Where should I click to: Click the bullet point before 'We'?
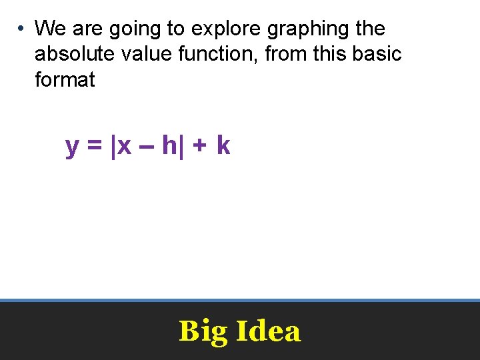[22, 29]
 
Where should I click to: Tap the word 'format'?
[65, 80]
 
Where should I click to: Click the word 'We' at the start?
[51, 29]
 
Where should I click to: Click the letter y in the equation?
[73, 146]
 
